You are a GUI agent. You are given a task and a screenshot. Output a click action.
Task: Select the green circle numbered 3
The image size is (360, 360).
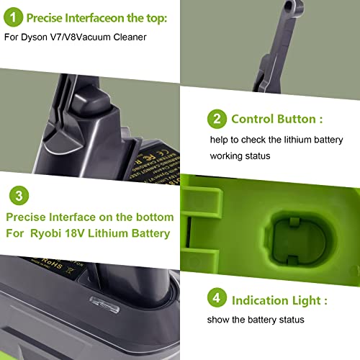[x=22, y=195]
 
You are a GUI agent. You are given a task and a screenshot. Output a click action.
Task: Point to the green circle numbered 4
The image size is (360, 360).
[x=215, y=300]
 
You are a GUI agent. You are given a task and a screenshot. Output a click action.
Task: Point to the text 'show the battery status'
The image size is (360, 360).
[x=261, y=320]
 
